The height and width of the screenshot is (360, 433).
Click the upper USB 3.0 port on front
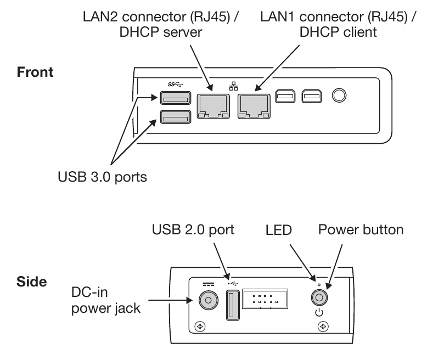pos(174,99)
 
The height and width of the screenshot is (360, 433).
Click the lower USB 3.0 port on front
pos(174,116)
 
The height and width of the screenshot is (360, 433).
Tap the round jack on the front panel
pos(340,95)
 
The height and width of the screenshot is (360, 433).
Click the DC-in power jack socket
pos(207,300)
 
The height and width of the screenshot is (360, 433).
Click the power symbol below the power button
pos(319,314)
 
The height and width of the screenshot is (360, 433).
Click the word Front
pos(35,72)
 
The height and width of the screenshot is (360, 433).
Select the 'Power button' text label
pos(361,229)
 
